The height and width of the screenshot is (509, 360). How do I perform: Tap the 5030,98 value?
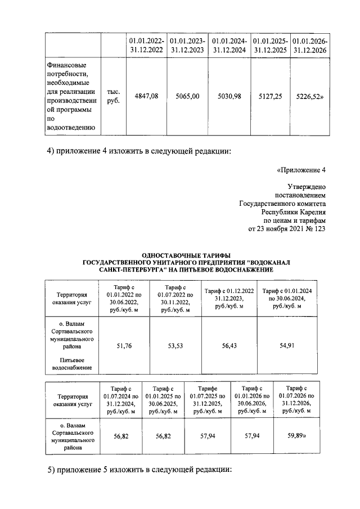(229, 96)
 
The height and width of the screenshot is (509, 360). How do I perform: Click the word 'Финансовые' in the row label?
(65, 64)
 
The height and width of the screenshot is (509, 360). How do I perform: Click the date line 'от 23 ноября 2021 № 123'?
(287, 229)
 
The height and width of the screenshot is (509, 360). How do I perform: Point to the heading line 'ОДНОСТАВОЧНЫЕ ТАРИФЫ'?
(179, 255)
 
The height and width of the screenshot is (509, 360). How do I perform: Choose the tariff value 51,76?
(124, 347)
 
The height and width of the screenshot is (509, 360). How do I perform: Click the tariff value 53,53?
(175, 347)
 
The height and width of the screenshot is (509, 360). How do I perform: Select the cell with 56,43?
(229, 347)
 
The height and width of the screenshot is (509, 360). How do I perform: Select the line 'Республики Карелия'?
(293, 213)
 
